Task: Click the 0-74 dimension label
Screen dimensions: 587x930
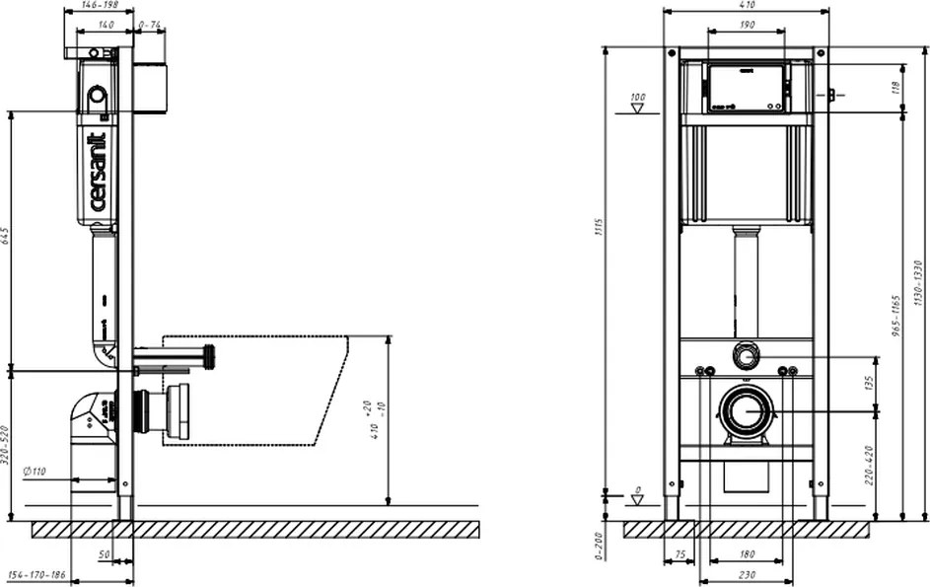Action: [x=151, y=24]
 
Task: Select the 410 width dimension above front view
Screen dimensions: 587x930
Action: [x=747, y=5]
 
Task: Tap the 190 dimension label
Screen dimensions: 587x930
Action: [x=747, y=24]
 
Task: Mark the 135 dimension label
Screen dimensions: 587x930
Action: [x=869, y=382]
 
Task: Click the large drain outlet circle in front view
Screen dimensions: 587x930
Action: [x=747, y=409]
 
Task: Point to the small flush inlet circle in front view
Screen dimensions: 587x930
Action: [x=747, y=356]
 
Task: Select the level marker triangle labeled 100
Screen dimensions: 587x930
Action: [x=637, y=109]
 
